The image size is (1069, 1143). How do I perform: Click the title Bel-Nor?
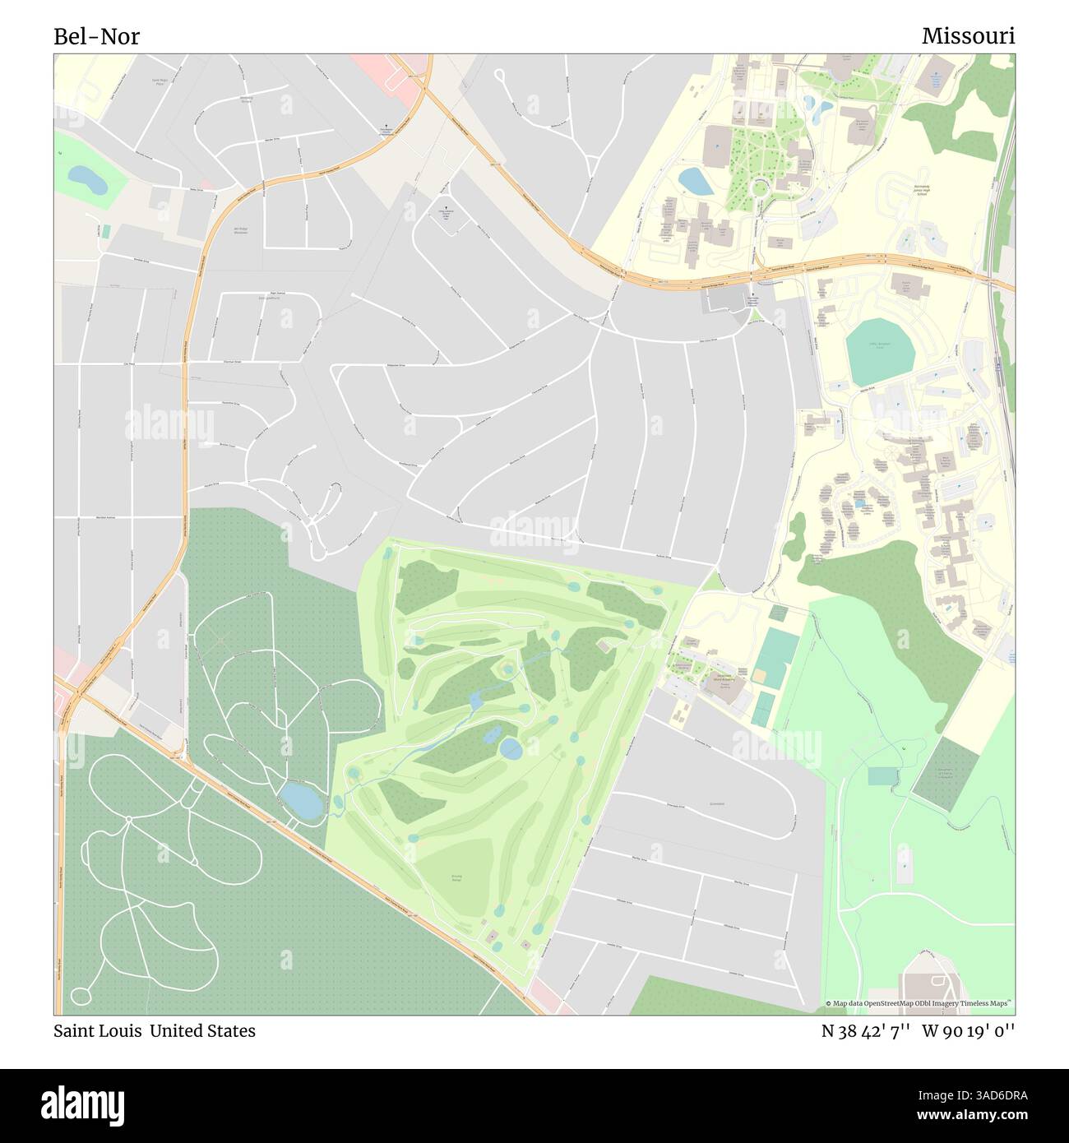pos(97,36)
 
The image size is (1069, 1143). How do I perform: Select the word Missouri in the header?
pos(968,36)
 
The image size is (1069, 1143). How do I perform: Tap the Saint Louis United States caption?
pos(155,1030)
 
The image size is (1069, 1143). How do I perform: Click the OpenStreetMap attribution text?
pos(919,1004)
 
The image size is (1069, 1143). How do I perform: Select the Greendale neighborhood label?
pos(716,803)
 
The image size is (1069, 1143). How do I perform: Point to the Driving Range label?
pos(456,878)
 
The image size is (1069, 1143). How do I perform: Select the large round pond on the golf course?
pos(511,747)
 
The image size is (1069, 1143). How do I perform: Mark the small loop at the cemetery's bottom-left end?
pos(81,996)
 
